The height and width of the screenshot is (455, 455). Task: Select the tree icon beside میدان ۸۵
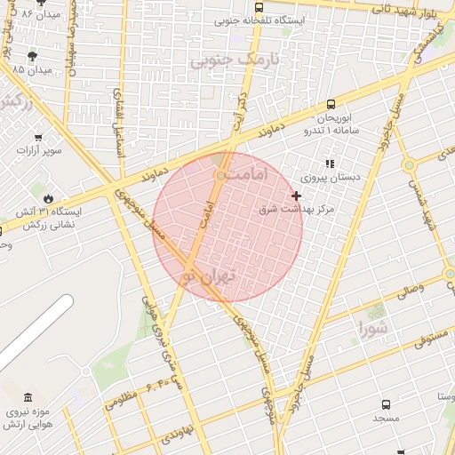click(x=34, y=55)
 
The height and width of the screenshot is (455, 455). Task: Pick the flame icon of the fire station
click(x=48, y=197)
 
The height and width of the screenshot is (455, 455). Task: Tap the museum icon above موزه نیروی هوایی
click(x=28, y=397)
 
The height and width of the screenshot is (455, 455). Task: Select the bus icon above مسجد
click(x=386, y=404)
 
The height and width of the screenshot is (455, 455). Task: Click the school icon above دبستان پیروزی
click(x=330, y=164)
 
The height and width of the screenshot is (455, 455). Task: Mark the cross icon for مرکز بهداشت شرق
click(x=296, y=196)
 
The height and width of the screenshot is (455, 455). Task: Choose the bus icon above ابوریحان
click(x=331, y=104)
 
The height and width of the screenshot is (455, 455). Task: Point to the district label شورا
click(x=374, y=329)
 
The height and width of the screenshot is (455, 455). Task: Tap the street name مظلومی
click(x=123, y=400)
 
